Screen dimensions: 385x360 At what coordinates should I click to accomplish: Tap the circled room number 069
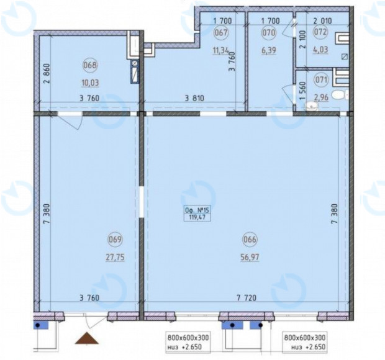pos(115,239)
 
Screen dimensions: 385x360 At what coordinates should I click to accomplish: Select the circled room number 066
pos(250,239)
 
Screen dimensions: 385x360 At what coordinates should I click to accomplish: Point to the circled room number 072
pos(320,32)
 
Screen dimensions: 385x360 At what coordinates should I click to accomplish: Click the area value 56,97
pos(250,258)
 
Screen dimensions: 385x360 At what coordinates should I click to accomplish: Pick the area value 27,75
pos(115,258)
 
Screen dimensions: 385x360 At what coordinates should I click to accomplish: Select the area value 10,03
pos(91,83)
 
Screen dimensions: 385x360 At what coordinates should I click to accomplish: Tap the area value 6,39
pos(269,50)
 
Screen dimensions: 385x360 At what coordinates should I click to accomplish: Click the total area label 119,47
pos(197,217)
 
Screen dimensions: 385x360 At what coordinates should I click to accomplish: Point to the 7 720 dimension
pos(247,298)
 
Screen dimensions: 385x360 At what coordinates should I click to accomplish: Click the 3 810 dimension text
pos(194,99)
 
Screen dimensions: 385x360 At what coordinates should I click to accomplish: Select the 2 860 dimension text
pos(47,74)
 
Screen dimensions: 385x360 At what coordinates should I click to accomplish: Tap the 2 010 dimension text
pos(323,21)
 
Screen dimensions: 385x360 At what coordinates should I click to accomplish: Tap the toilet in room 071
pos(340,94)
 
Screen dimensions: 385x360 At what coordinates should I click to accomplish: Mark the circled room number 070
pos(269,32)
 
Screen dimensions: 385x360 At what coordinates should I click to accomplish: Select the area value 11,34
pos(220,51)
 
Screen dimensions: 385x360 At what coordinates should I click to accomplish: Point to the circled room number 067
pos(221,32)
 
